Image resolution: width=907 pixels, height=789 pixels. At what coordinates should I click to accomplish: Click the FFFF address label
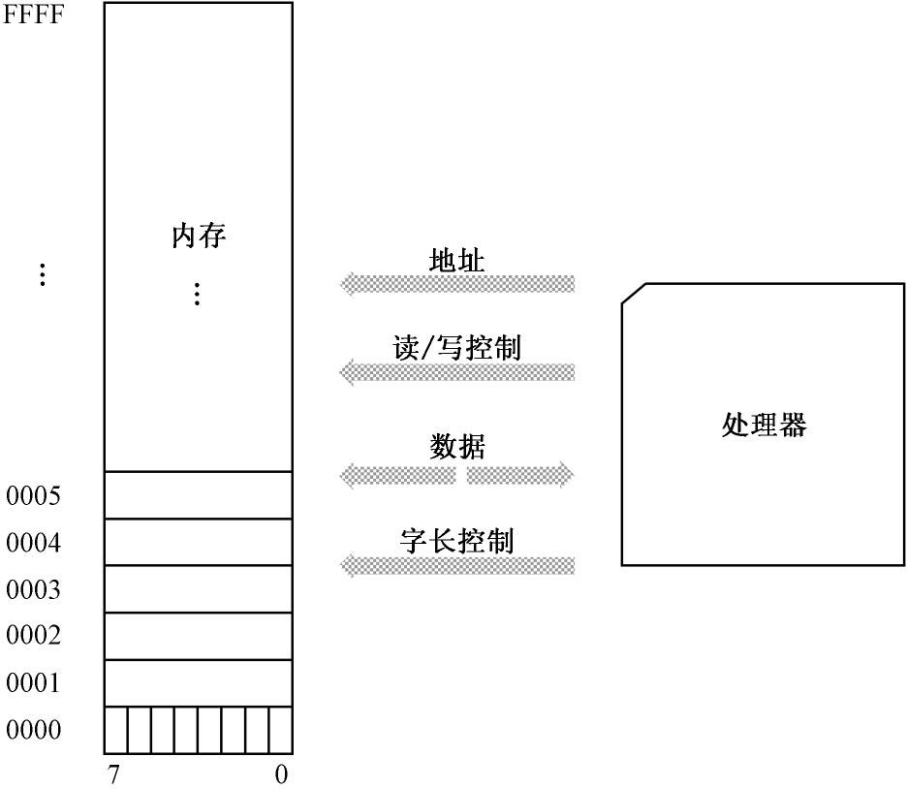click(x=34, y=16)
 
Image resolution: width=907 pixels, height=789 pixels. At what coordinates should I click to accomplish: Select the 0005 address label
click(x=34, y=497)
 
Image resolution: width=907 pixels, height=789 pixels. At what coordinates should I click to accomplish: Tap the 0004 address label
click(x=34, y=544)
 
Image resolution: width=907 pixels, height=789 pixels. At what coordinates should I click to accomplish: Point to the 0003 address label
click(x=34, y=590)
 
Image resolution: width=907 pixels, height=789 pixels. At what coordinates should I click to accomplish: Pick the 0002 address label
click(x=34, y=636)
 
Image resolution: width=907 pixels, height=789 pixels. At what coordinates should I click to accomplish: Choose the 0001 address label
click(x=34, y=683)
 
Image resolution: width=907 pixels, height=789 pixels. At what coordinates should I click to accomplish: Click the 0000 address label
click(x=34, y=730)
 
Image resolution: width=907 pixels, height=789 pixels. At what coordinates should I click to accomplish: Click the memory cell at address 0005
click(x=198, y=495)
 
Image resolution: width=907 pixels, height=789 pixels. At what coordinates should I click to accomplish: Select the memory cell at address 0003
click(x=198, y=588)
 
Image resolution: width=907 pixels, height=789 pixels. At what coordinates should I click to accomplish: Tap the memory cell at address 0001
click(x=198, y=682)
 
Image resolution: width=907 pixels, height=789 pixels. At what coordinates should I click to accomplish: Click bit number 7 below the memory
click(x=113, y=775)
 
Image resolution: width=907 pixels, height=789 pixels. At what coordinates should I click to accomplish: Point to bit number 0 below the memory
click(x=281, y=775)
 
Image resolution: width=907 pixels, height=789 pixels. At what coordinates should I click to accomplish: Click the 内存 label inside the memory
click(x=199, y=236)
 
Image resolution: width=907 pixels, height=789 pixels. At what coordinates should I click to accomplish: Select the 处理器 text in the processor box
click(x=764, y=425)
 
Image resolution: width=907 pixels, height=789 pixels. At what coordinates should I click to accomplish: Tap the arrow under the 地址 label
click(x=456, y=284)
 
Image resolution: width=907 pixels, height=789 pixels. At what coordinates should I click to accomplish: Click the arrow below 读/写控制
click(x=456, y=372)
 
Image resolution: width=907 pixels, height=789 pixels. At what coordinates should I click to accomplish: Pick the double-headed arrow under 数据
click(x=456, y=475)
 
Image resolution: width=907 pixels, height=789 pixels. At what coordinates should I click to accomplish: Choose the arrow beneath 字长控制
click(x=456, y=565)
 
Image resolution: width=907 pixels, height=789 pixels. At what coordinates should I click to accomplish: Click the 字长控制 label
click(x=456, y=540)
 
